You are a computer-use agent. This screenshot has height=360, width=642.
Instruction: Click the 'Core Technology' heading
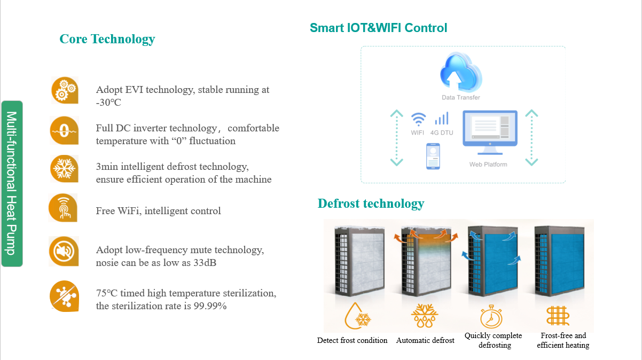pyautogui.click(x=107, y=40)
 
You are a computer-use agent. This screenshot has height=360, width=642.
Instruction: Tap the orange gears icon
pyautogui.click(x=65, y=90)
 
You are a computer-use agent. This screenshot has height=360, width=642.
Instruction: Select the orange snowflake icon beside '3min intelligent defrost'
pyautogui.click(x=64, y=169)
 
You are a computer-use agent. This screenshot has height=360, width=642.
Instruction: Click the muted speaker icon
pyautogui.click(x=64, y=252)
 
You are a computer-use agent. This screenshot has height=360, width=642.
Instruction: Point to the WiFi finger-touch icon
pyautogui.click(x=63, y=208)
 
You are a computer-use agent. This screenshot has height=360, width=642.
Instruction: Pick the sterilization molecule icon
pyautogui.click(x=64, y=296)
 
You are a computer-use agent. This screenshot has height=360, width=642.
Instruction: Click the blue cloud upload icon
pyautogui.click(x=461, y=72)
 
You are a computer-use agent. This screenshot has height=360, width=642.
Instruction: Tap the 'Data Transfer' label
pyautogui.click(x=461, y=97)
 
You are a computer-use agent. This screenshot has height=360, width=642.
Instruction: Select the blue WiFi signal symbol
pyautogui.click(x=418, y=119)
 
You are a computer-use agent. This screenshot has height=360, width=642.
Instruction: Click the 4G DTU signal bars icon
pyautogui.click(x=442, y=118)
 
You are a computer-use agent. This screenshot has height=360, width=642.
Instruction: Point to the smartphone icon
pyautogui.click(x=433, y=156)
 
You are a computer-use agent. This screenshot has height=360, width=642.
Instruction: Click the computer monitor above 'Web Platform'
pyautogui.click(x=490, y=132)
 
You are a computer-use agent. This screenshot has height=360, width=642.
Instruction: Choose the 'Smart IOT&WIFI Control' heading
pyautogui.click(x=378, y=28)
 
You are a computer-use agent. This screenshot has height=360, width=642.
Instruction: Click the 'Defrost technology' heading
pyautogui.click(x=371, y=204)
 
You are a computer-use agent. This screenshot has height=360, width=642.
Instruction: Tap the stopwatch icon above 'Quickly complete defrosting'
pyautogui.click(x=491, y=316)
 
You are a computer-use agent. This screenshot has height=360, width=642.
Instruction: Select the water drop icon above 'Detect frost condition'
pyautogui.click(x=358, y=316)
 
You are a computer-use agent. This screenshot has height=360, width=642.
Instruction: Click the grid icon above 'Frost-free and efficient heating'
pyautogui.click(x=558, y=316)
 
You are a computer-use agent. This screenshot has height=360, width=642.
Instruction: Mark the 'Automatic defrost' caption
pyautogui.click(x=425, y=341)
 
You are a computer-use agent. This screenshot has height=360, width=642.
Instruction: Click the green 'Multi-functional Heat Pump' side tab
pyautogui.click(x=12, y=183)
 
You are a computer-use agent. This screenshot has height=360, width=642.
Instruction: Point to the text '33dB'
pyautogui.click(x=205, y=263)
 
